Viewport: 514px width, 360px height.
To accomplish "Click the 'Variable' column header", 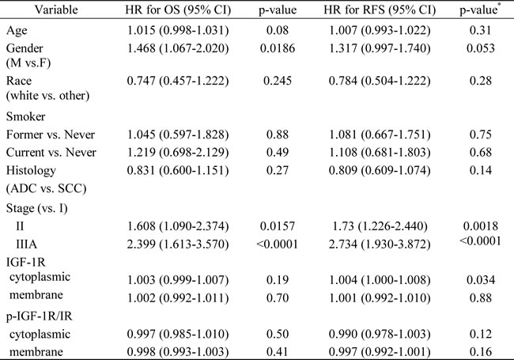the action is pos(56,9).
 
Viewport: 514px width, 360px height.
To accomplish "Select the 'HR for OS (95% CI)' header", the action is pos(178,10).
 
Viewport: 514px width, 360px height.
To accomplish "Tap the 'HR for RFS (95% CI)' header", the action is pos(380,10).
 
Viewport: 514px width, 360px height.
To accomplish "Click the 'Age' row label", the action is pos(17,31).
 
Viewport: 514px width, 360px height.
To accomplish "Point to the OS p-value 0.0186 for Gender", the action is pos(278,48).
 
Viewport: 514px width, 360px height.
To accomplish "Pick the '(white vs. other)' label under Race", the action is pos(48,96).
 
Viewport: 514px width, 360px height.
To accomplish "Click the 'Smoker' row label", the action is pos(25,117).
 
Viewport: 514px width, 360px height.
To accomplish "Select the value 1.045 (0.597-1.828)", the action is pos(178,135).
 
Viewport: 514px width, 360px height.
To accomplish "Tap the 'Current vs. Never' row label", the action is pos(51,153).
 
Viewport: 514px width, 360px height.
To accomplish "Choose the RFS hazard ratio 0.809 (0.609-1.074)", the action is pos(380,170).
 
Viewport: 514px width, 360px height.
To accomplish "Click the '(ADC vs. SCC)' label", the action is pos(46,188).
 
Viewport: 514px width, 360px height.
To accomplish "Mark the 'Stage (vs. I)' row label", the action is pos(36,208).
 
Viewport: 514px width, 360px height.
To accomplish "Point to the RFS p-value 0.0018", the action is pos(481,226).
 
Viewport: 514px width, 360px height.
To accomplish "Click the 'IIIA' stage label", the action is pos(27,244).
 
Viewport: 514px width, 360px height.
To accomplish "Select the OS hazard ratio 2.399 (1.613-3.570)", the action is pos(178,244).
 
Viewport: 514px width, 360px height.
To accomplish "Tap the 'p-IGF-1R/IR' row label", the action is pos(39,316).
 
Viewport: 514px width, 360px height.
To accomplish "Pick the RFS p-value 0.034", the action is pos(481,280).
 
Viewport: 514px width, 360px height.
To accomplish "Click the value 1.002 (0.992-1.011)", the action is pos(178,298).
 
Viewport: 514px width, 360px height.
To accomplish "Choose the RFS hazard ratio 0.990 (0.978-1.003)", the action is pos(380,334).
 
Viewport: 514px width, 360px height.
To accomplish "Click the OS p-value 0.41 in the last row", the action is pos(278,352).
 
